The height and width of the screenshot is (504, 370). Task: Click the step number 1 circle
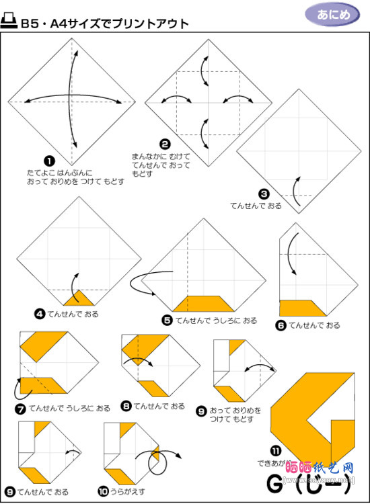48,161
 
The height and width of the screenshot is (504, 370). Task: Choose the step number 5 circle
167,321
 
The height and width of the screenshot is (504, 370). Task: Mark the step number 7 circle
20,408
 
